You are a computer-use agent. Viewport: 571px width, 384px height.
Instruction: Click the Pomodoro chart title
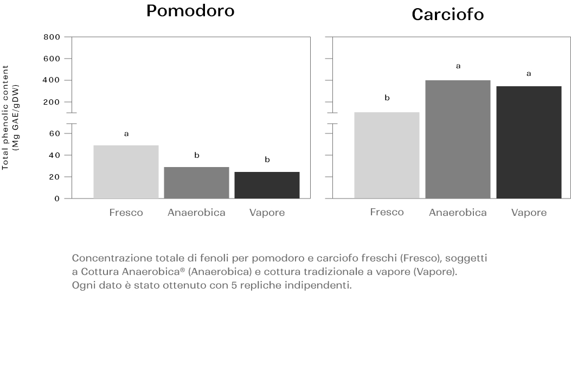click(x=190, y=11)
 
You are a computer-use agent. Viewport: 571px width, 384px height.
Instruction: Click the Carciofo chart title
click(x=447, y=15)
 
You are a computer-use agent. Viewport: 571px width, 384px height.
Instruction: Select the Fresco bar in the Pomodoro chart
click(x=126, y=172)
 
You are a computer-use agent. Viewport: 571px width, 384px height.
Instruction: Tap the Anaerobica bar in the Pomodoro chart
click(x=197, y=183)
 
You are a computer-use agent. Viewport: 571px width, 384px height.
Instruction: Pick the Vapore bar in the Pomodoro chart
click(x=267, y=185)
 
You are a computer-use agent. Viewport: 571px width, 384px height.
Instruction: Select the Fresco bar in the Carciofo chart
click(x=387, y=155)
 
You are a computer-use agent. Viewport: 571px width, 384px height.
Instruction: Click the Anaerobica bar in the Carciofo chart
click(x=458, y=139)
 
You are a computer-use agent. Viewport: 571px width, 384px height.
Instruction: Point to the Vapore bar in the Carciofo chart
click(x=529, y=143)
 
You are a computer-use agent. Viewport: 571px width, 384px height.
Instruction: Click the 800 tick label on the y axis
click(x=52, y=37)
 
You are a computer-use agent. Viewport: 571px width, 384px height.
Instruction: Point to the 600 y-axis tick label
click(x=52, y=59)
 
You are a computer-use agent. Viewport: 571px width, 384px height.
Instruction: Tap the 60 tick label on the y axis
click(x=55, y=133)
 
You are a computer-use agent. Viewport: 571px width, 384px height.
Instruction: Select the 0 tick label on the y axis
click(x=57, y=199)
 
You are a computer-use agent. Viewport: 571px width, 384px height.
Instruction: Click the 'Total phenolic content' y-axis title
click(x=5, y=117)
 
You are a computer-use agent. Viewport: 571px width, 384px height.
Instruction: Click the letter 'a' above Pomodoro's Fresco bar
click(x=126, y=134)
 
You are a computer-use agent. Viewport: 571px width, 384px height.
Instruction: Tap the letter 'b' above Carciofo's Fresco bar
click(x=387, y=98)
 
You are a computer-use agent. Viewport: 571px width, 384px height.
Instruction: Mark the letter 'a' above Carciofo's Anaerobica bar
click(x=458, y=66)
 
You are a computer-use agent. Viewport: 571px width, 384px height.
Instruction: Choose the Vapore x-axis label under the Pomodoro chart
click(x=267, y=213)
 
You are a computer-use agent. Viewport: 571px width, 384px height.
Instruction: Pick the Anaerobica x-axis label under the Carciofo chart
click(x=458, y=213)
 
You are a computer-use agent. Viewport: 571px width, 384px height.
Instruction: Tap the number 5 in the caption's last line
click(x=234, y=285)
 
